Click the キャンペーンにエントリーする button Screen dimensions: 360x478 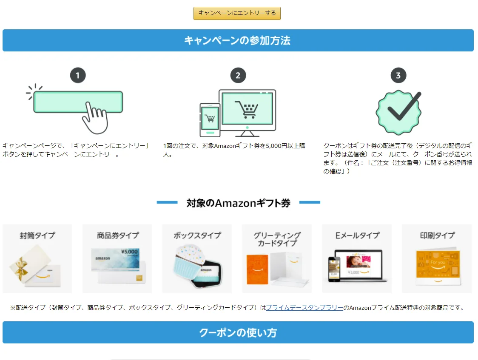point(237,13)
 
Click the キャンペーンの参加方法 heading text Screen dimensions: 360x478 point(237,41)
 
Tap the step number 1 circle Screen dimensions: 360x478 point(78,76)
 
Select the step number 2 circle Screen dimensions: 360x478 point(238,76)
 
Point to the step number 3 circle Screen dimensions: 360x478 point(398,76)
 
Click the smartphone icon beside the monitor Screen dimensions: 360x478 point(210,119)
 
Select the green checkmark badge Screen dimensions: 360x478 point(398,112)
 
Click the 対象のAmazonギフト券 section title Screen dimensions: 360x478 point(238,203)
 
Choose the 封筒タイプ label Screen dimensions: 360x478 point(37,235)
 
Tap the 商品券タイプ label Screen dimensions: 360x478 point(117,235)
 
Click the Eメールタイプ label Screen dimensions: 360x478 point(357,235)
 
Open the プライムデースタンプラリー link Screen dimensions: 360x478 point(304,308)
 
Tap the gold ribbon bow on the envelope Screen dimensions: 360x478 point(20,268)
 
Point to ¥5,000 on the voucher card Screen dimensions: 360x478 point(129,252)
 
